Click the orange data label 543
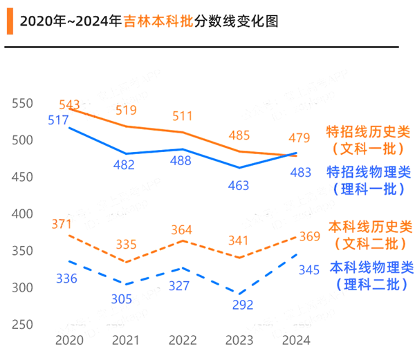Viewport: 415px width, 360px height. coord(70,104)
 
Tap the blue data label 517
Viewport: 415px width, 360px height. coord(59,120)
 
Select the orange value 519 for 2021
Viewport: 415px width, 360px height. coord(126,110)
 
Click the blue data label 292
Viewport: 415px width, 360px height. coord(243,305)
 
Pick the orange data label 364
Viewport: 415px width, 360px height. coord(181,230)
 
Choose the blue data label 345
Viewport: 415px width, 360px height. coord(308,270)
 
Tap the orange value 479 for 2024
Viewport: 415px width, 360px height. coord(299,138)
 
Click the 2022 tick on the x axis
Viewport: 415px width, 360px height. coord(183,341)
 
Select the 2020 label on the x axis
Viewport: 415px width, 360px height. coord(68,341)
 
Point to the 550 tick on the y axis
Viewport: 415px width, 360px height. coord(23,103)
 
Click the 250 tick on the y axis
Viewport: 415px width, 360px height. coord(23,324)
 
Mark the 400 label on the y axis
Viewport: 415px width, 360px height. coord(23,214)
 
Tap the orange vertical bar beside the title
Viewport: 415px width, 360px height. coord(9,21)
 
